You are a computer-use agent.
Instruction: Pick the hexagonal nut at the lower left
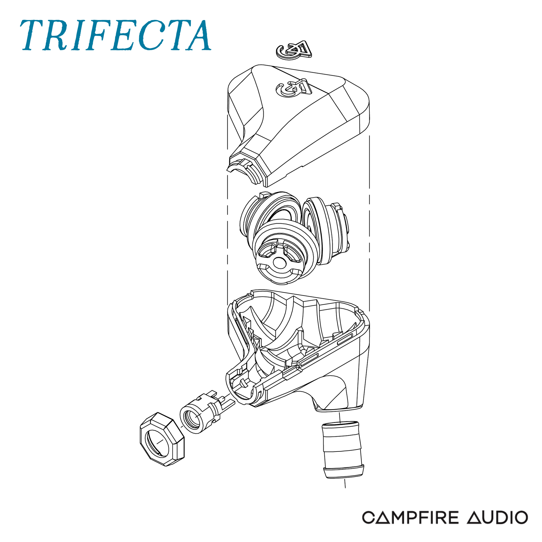click(x=162, y=439)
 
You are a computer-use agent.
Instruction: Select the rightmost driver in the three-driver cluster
click(x=327, y=231)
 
